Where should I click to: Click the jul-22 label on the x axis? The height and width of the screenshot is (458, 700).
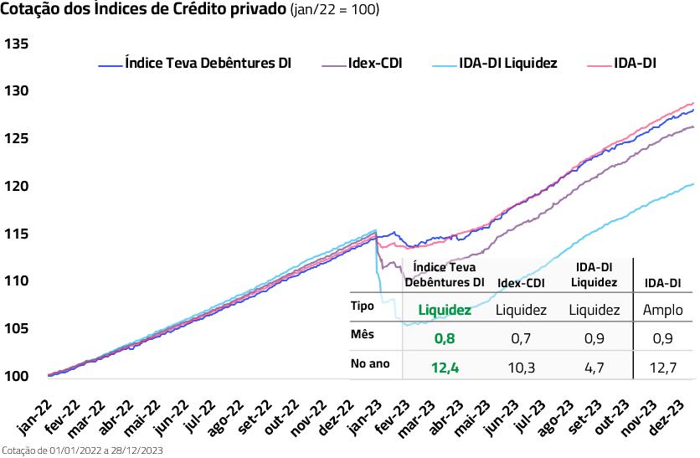(201, 415)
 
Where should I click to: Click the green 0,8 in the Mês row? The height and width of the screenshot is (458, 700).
(444, 338)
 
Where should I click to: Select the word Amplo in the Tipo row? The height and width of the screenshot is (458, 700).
(662, 310)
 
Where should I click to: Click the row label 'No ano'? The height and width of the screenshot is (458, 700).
(372, 364)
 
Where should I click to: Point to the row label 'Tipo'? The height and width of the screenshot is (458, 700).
(362, 306)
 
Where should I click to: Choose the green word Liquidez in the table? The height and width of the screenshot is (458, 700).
(444, 310)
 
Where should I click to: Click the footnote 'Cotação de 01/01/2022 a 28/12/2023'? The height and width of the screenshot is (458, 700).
(81, 450)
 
